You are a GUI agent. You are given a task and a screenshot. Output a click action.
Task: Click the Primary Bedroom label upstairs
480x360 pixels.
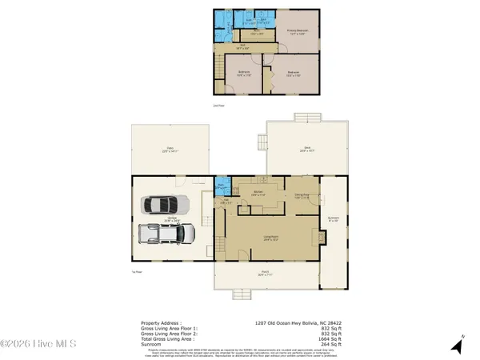coord(298,32)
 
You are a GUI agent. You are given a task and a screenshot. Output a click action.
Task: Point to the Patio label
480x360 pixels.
coord(170,149)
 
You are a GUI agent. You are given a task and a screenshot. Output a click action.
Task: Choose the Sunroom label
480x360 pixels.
coord(334,218)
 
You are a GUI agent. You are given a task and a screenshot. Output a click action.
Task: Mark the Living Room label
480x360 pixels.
coord(270,238)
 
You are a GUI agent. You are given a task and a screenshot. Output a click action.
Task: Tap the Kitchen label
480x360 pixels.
coord(258,194)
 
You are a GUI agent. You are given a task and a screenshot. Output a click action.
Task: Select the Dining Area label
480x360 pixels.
coord(302,195)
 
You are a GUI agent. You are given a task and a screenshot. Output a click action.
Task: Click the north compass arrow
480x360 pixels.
coord(458,346)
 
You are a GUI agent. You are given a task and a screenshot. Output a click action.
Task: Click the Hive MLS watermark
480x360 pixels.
coord(38,345)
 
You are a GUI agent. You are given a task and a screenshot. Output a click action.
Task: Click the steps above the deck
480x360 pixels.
coord(306,118)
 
